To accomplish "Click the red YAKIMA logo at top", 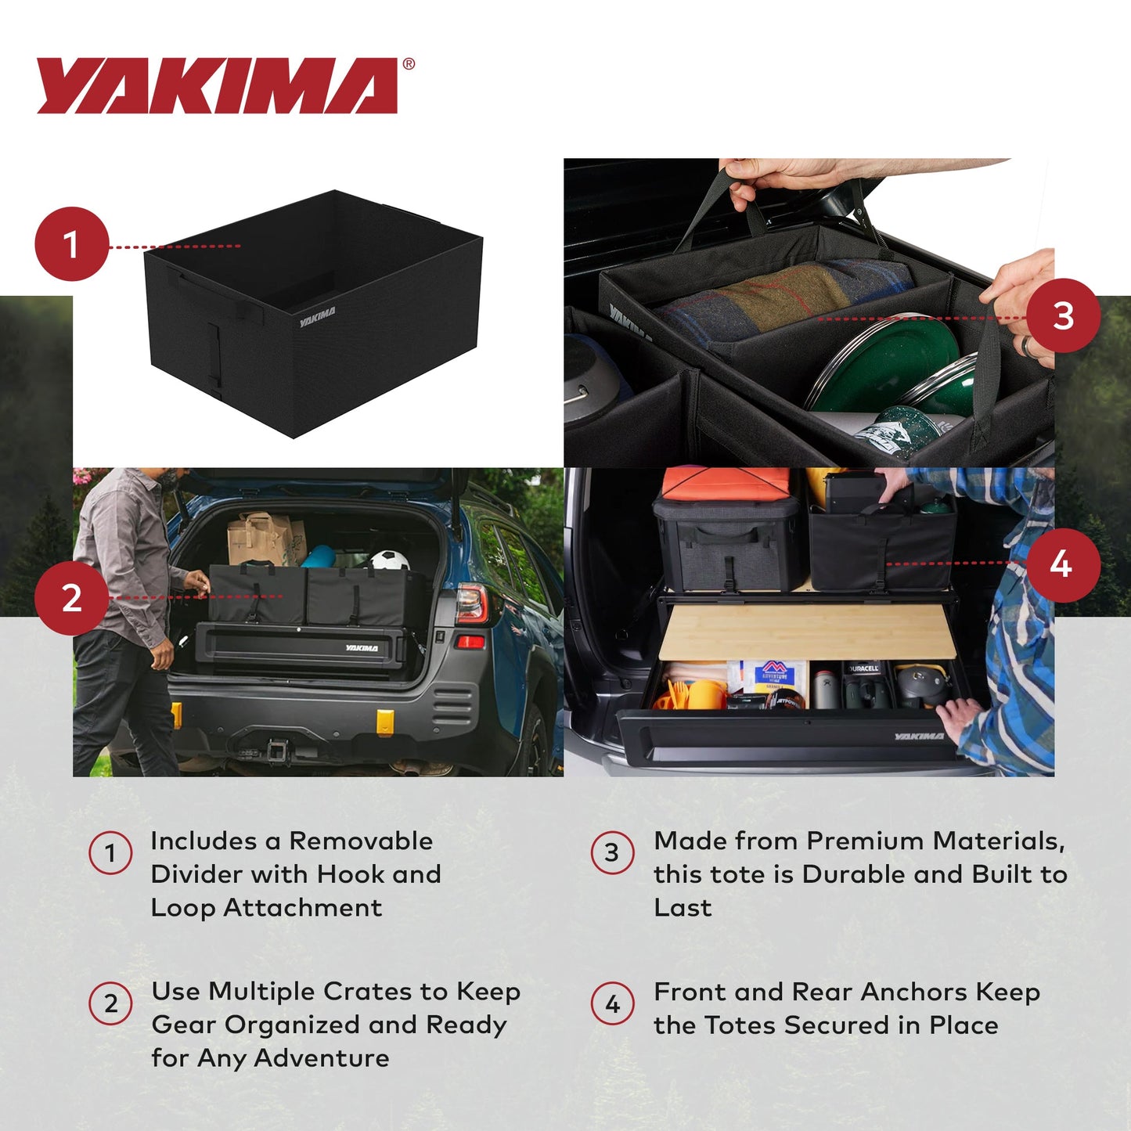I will coord(217,85).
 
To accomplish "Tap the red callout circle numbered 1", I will coord(71,244).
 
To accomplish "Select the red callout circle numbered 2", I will coord(71,598).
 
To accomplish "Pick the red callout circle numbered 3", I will coord(1063,315).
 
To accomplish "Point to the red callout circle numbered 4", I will coord(1061,564).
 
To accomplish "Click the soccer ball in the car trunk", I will coord(389,560).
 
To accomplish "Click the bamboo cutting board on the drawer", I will coord(806,630).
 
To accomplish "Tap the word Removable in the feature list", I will coord(361,841).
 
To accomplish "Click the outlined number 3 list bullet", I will coord(612,852).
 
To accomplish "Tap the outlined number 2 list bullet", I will coord(110,1003).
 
